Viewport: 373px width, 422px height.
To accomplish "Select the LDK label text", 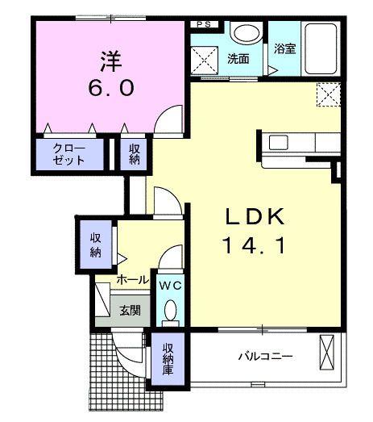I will tap(254, 216).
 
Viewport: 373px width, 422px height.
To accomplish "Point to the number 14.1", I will tap(254, 244).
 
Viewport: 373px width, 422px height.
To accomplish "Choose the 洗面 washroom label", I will tap(238, 59).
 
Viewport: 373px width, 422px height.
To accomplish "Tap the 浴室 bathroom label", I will tap(285, 48).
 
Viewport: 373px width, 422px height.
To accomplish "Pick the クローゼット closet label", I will tap(69, 153).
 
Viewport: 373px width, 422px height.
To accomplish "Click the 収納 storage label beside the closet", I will tap(134, 153).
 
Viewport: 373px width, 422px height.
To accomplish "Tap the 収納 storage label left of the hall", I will tap(96, 244).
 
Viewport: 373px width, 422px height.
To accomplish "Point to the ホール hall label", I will tap(131, 280).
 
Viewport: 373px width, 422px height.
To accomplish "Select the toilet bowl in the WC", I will tap(170, 311).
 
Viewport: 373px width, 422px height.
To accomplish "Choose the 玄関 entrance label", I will tap(131, 309).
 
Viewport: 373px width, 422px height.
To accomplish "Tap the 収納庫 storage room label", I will tap(168, 360).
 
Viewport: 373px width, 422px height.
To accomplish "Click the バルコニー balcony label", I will tap(263, 356).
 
